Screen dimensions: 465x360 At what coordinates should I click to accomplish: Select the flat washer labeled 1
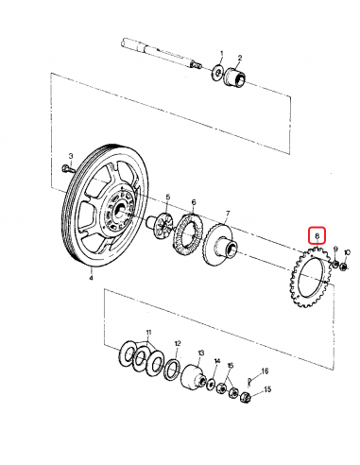coord(219,73)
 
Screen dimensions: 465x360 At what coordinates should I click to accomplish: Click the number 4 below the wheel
coord(91,278)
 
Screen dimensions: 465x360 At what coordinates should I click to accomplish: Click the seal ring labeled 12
coord(174,369)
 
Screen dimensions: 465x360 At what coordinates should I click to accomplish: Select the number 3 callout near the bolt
coord(70,154)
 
